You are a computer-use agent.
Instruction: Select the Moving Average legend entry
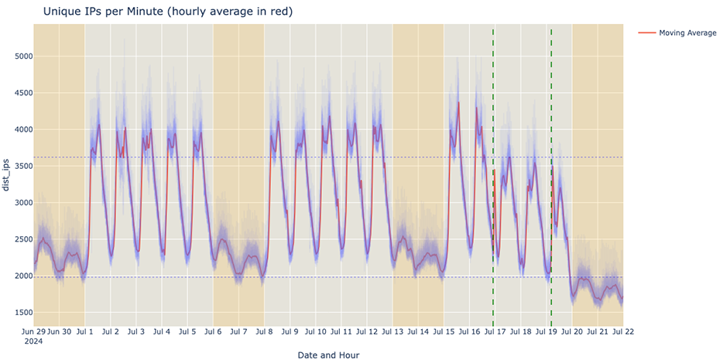tap(687, 33)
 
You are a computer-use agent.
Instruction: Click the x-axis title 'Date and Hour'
tap(328, 355)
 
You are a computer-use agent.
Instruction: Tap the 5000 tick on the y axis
tap(18, 57)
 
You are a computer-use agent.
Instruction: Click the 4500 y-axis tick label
tap(18, 93)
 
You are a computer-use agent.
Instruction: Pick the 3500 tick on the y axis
tap(18, 166)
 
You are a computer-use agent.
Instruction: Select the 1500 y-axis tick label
tap(18, 313)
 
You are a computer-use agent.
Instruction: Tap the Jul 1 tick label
tap(84, 331)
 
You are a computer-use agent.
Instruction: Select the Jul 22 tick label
tap(623, 331)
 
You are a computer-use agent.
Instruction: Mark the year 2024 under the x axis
tap(35, 341)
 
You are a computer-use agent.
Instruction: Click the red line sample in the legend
tap(646, 33)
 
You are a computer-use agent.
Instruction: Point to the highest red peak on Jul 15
tap(458, 102)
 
